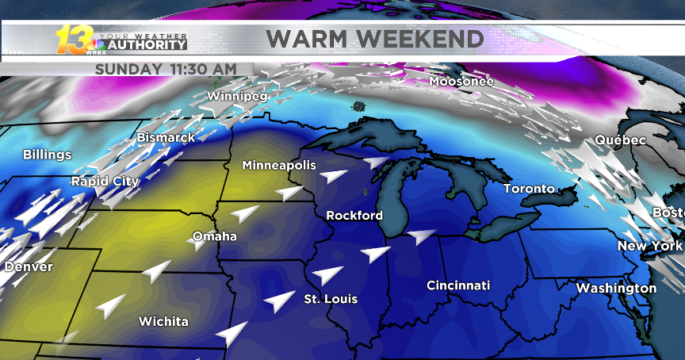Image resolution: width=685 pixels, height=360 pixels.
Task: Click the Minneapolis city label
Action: (x=278, y=166)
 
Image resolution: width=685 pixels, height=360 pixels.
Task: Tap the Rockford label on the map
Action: (x=354, y=216)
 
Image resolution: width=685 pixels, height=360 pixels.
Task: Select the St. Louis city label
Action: (x=331, y=299)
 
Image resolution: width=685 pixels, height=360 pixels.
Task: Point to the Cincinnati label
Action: (x=458, y=285)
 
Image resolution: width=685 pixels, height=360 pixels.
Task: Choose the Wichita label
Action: (x=163, y=321)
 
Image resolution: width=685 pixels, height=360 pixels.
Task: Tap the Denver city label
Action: (x=29, y=266)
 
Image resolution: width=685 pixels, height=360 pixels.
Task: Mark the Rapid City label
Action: (x=105, y=182)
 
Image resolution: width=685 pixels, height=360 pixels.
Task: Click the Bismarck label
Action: (x=166, y=138)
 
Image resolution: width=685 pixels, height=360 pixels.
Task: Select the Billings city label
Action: (x=47, y=155)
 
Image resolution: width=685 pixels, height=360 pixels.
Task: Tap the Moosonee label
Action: (x=461, y=81)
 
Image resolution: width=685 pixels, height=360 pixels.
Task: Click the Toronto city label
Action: (x=529, y=189)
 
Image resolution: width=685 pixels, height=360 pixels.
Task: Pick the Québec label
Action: (x=620, y=140)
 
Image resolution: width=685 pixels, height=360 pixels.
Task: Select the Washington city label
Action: (x=616, y=288)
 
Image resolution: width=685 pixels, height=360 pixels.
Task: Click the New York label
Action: (x=645, y=246)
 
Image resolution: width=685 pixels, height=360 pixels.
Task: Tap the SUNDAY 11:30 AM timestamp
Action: (x=165, y=69)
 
